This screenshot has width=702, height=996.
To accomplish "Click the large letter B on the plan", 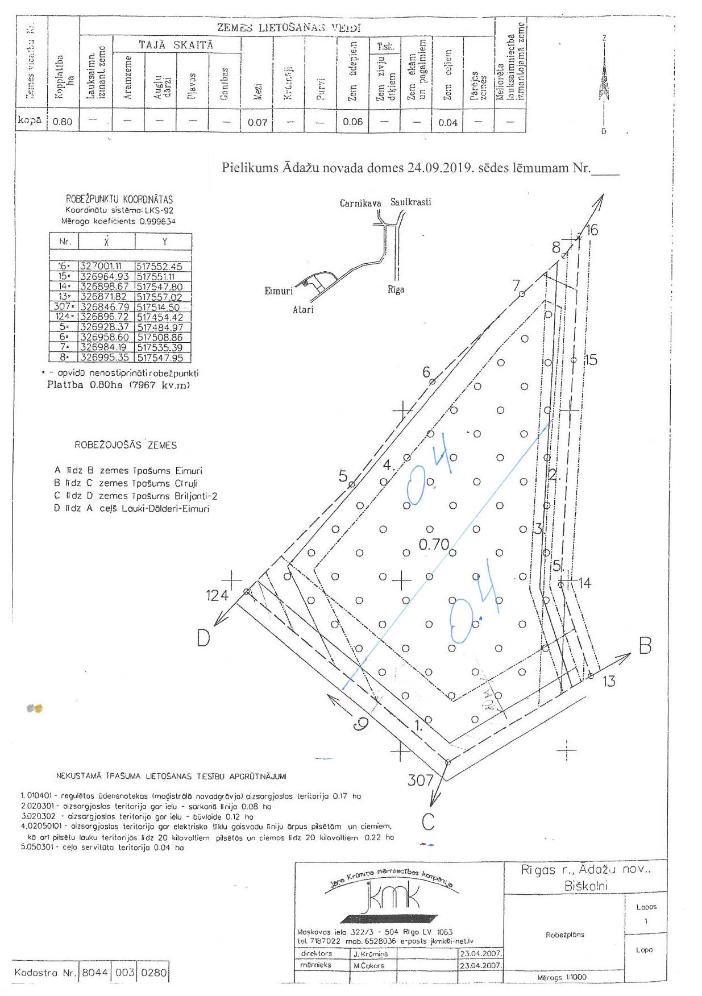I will (x=645, y=646).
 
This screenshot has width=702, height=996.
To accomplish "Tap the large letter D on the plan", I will (x=203, y=638).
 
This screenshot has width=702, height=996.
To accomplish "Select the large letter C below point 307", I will (x=429, y=822).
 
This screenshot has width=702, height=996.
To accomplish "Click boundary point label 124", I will (x=217, y=595).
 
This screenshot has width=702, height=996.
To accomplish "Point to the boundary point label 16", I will (x=592, y=230).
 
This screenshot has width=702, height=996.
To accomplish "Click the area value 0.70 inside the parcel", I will (x=434, y=545).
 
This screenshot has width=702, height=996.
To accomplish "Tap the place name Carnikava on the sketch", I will (x=360, y=203).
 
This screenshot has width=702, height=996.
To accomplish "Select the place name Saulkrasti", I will (x=410, y=202).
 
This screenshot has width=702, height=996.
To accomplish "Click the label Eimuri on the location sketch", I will (x=279, y=291).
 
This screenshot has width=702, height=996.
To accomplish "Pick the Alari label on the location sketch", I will (x=303, y=310).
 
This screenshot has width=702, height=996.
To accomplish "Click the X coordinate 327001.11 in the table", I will (x=101, y=266).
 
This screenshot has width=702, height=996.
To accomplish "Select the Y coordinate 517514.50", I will (x=158, y=307).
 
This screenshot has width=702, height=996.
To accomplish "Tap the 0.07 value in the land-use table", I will (x=257, y=122).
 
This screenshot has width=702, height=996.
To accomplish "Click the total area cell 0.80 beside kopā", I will (x=63, y=122).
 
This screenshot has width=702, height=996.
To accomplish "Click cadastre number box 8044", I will (x=94, y=973).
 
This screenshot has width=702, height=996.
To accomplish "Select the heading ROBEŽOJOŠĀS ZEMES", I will (x=126, y=445).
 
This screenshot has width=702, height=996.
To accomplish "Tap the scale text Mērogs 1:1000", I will (x=562, y=977).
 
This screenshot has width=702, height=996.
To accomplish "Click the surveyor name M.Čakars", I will (x=369, y=965).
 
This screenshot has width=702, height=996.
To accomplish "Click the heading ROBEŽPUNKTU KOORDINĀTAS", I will (x=119, y=200).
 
